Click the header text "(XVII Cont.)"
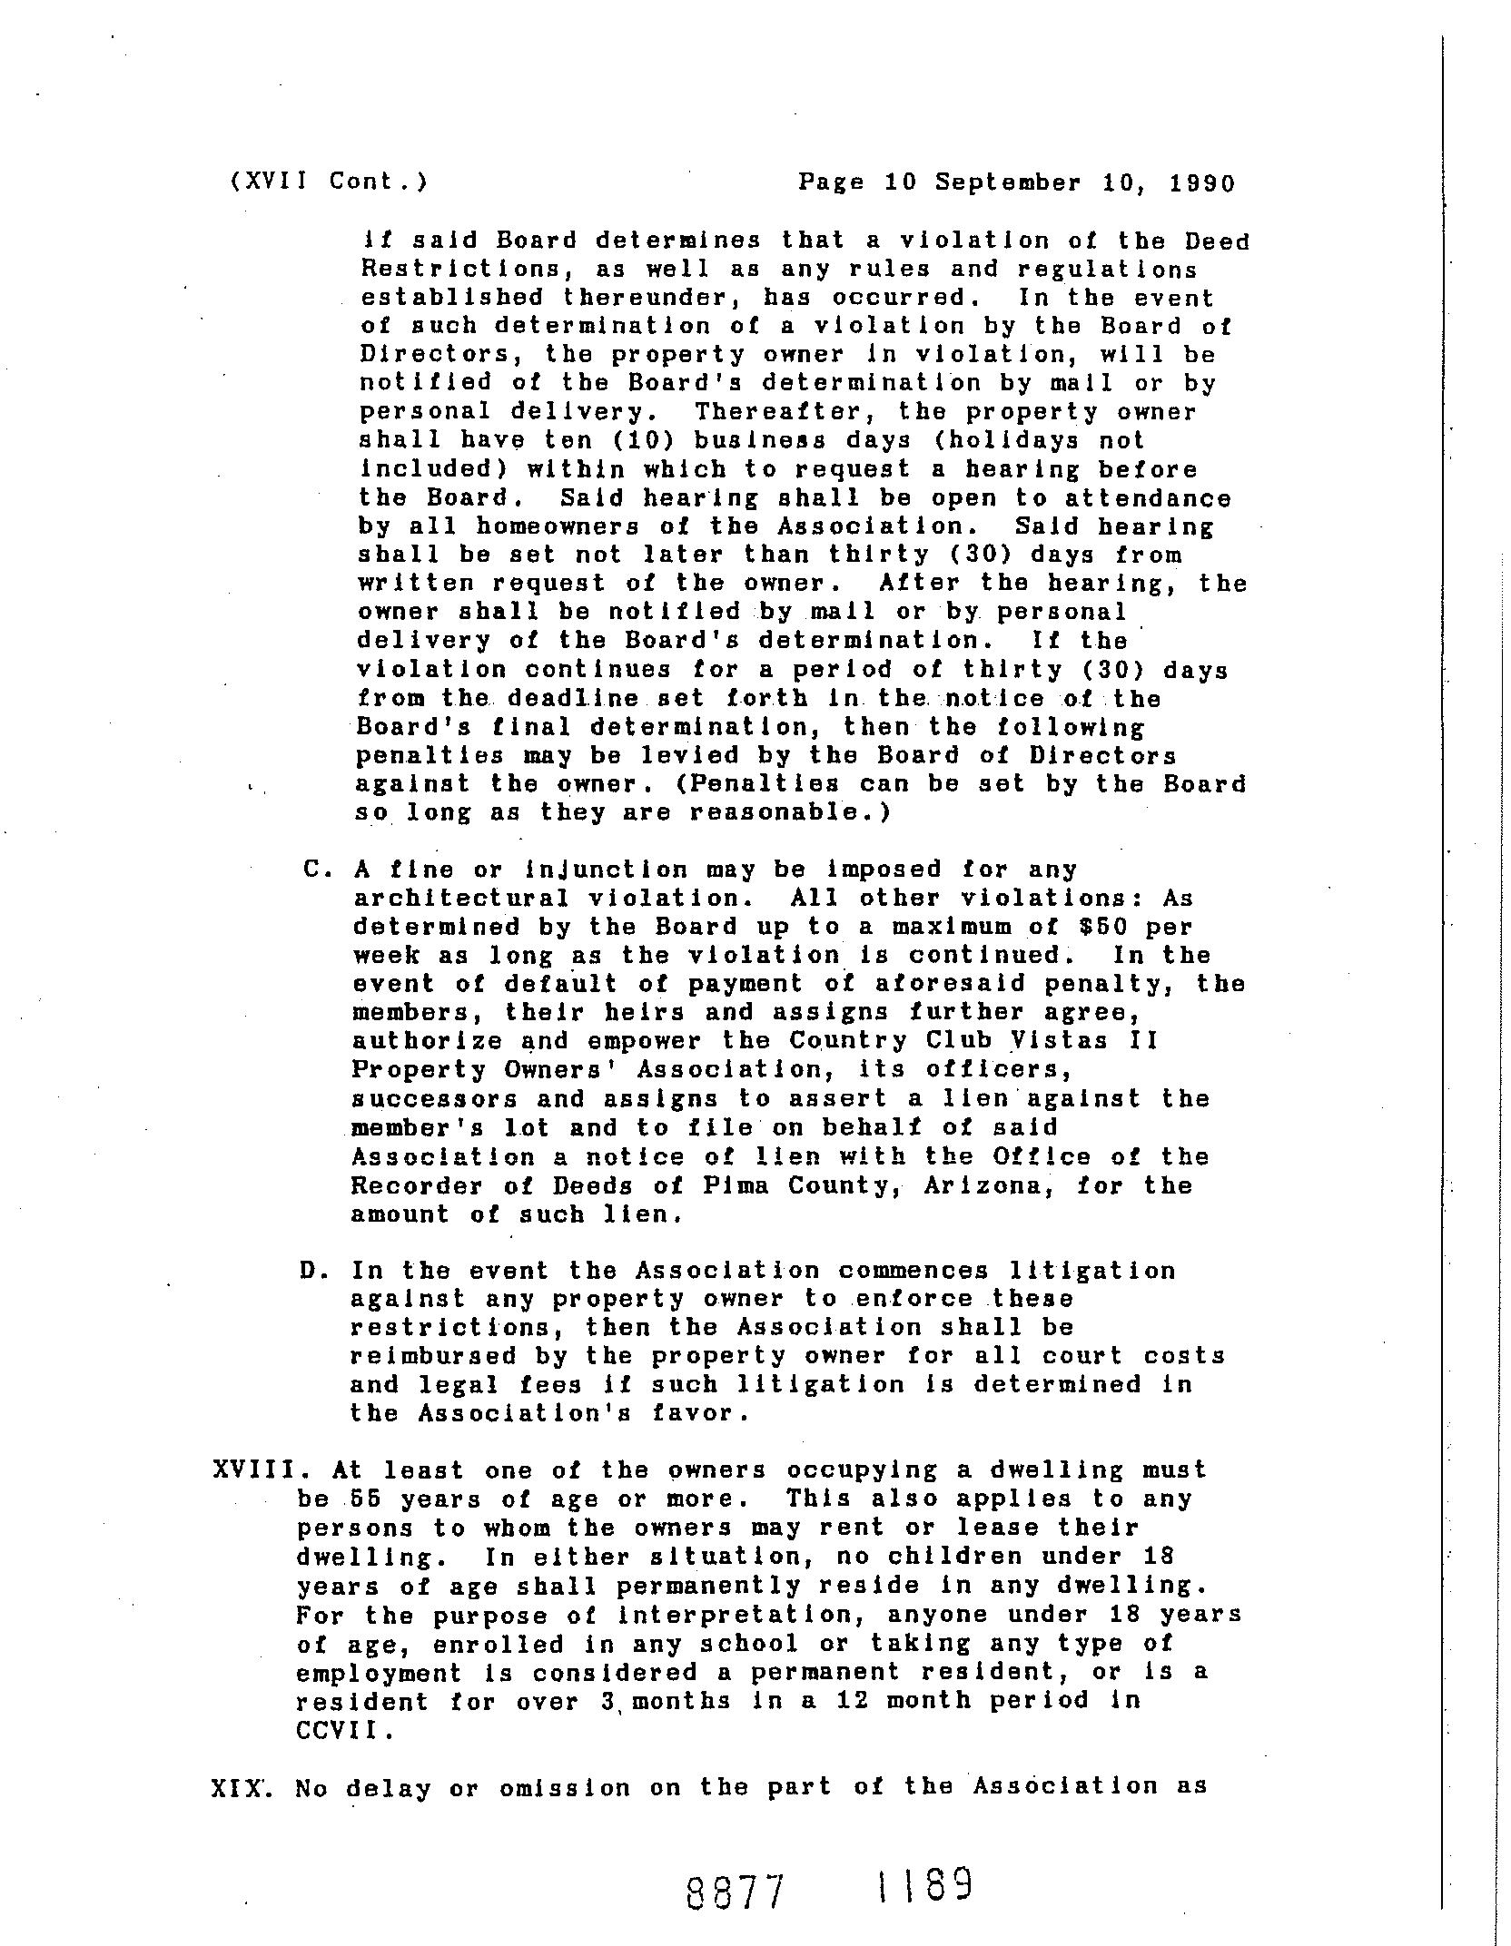(329, 182)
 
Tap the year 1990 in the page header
(1202, 183)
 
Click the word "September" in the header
(1009, 183)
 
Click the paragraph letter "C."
(316, 870)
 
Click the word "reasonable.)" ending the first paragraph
(790, 812)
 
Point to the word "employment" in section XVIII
(379, 1672)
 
